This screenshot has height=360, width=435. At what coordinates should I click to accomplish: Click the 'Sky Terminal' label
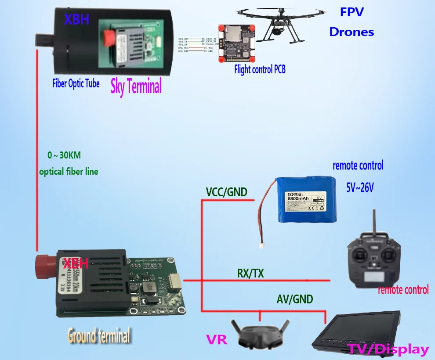[136, 86]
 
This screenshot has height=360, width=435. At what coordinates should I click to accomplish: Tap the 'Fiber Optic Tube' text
[76, 83]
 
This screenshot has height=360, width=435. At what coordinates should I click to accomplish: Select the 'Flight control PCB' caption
[260, 68]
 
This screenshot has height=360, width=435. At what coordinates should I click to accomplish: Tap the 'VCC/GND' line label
[226, 192]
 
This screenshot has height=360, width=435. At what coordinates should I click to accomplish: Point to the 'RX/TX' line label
[250, 274]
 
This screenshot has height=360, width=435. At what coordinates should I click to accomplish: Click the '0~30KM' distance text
[64, 155]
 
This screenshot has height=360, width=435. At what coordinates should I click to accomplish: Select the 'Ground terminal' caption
[99, 336]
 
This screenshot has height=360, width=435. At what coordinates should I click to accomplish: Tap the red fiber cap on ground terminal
[45, 268]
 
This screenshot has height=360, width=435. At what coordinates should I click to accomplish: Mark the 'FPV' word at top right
[352, 12]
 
